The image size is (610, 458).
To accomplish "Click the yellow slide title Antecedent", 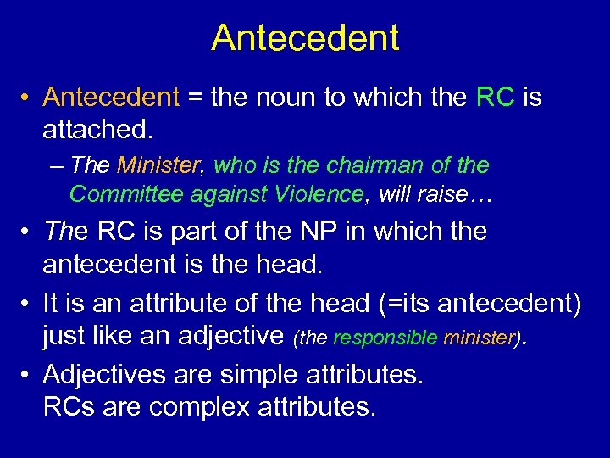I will (305, 38).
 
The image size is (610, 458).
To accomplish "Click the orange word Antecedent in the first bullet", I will (111, 98).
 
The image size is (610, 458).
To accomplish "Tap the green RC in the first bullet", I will (496, 98).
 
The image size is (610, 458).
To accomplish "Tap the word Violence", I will (319, 194).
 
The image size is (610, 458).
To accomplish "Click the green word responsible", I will (385, 338).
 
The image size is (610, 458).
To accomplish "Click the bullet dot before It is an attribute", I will (27, 303).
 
